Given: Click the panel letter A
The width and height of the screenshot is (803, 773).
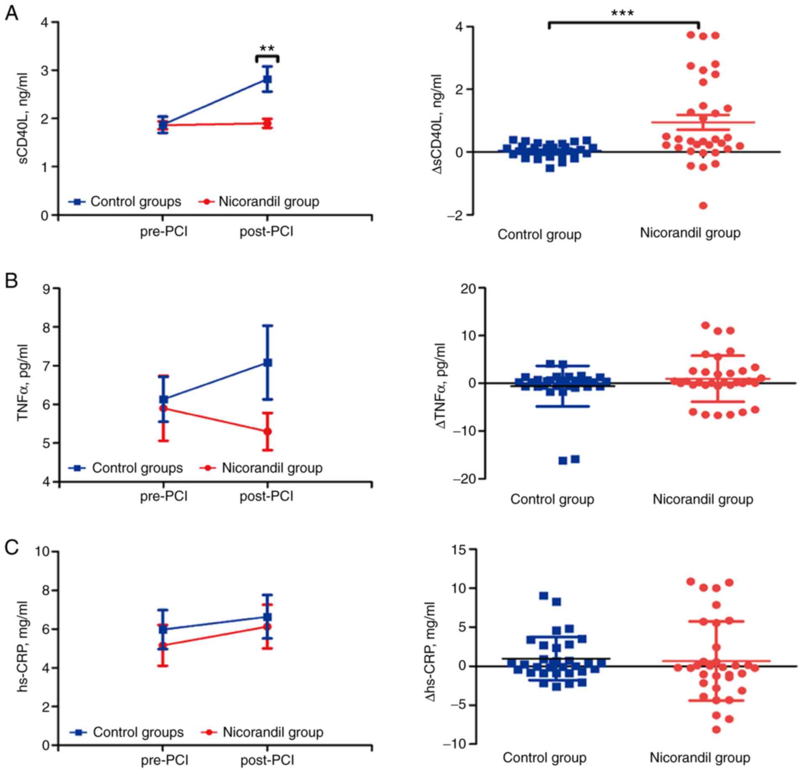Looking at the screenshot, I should click(x=11, y=13).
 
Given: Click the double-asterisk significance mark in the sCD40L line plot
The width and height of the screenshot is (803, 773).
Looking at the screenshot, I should click(x=267, y=49).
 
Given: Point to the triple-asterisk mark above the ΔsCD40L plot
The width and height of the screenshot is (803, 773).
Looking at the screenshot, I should click(x=623, y=13).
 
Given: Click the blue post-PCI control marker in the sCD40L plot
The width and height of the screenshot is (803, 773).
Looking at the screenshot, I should click(x=267, y=79).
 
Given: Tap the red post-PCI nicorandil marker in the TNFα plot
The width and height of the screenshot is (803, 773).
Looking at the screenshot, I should click(x=267, y=432).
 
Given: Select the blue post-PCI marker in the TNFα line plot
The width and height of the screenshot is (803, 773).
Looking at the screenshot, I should click(x=267, y=363).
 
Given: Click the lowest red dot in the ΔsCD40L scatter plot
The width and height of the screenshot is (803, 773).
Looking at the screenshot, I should click(x=703, y=206).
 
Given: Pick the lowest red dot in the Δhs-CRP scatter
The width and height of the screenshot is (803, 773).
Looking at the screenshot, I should click(x=716, y=730).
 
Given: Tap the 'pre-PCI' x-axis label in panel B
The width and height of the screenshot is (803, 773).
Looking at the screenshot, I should click(x=164, y=496).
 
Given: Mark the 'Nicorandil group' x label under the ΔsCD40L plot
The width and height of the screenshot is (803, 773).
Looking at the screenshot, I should click(x=690, y=233).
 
